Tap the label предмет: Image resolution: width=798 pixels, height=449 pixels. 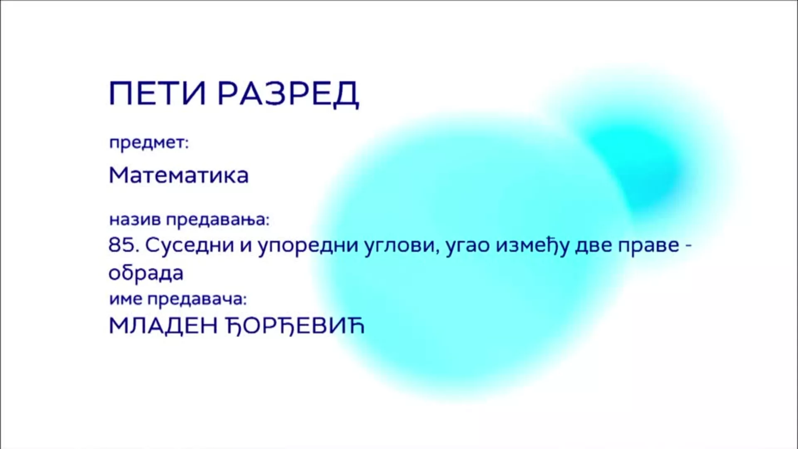click(149, 144)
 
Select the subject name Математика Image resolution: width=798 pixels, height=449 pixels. click(179, 175)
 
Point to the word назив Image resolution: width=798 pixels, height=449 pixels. click(135, 220)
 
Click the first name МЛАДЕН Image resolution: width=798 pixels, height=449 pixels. click(163, 326)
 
